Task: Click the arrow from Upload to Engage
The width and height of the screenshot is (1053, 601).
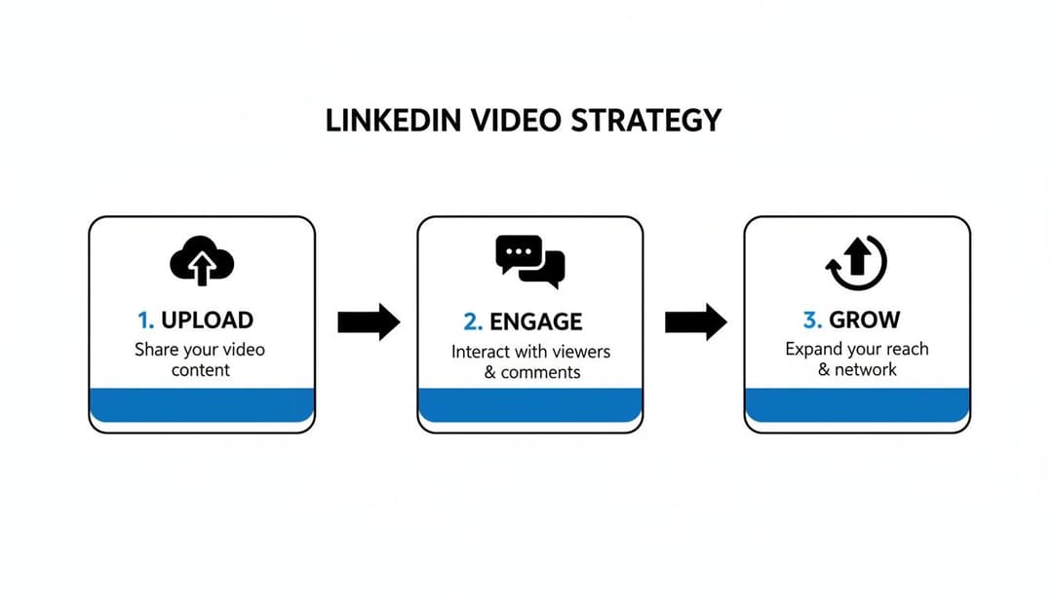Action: (369, 321)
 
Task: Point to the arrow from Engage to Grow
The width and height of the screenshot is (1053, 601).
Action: (696, 321)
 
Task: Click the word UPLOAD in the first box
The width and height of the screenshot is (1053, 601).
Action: (207, 319)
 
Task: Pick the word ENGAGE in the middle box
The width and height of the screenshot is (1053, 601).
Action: (535, 321)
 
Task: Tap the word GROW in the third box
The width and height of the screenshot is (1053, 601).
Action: (864, 319)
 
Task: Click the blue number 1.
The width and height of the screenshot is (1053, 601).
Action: (145, 319)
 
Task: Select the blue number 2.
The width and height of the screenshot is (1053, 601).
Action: (473, 321)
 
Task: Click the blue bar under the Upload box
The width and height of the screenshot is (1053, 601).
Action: (202, 404)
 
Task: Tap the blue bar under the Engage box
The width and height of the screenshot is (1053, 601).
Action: (529, 404)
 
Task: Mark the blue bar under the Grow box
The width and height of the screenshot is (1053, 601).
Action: (857, 404)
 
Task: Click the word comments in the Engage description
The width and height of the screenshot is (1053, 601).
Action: (540, 372)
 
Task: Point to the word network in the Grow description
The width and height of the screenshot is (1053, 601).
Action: (867, 370)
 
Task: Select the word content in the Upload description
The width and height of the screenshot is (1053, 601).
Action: (201, 370)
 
